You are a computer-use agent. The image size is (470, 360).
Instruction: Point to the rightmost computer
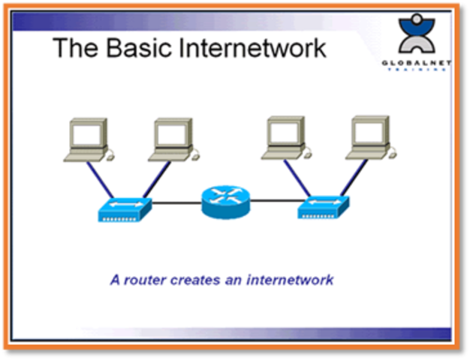(x=369, y=137)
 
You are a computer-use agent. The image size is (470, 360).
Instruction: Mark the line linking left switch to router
(x=176, y=202)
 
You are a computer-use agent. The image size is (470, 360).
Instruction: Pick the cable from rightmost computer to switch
(x=352, y=178)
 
